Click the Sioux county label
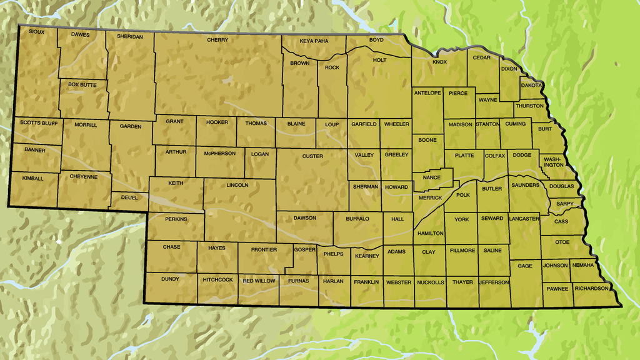coord(36,32)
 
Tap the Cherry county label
coord(217,40)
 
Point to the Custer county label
coord(312,156)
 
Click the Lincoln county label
coord(237,185)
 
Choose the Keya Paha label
coord(314,41)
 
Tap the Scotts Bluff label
coord(38,123)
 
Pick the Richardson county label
coord(591,289)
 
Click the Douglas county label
coord(562,186)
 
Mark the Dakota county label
coord(531,85)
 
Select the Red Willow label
coord(259,281)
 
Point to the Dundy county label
coord(170,279)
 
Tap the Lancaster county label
coord(524,219)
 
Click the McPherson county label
coord(220,153)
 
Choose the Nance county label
coord(432,177)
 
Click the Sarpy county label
coord(564,204)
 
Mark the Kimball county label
coord(33,178)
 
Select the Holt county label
coord(379,61)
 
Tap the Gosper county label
coord(304,249)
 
